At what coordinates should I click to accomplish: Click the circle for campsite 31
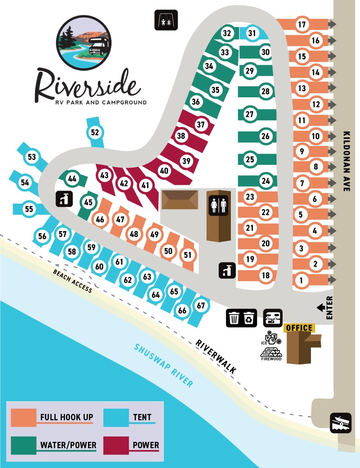click(252, 33)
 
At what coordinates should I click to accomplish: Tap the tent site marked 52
click(94, 132)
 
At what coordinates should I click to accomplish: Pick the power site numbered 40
click(164, 171)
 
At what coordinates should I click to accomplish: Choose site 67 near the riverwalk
click(201, 305)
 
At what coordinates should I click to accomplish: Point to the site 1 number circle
click(301, 280)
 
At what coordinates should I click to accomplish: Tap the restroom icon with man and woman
click(219, 204)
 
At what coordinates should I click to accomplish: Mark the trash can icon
click(234, 318)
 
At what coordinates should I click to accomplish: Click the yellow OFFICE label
click(299, 328)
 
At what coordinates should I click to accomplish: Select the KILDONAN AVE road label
click(346, 162)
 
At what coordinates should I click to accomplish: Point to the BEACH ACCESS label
click(72, 281)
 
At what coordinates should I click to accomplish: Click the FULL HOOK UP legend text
click(66, 417)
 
